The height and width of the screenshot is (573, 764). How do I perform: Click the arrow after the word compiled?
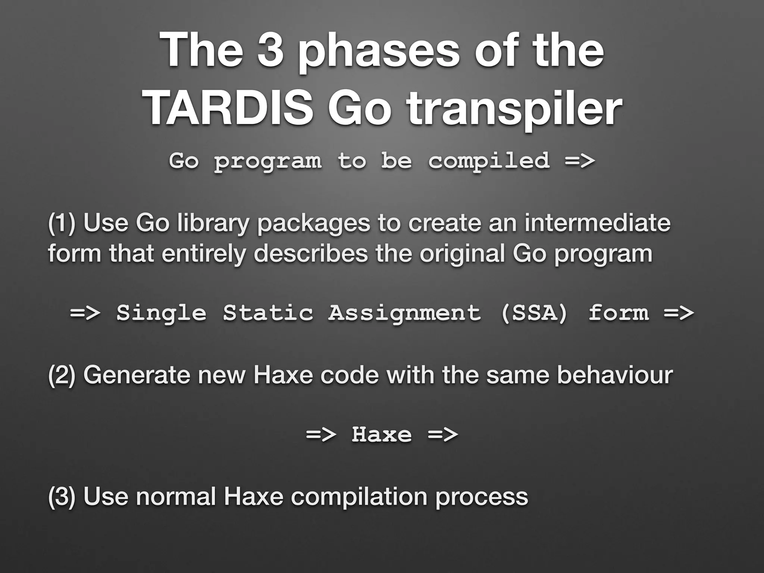[580, 161]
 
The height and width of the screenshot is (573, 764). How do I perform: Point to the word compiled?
[489, 162]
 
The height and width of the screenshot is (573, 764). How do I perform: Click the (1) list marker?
[62, 223]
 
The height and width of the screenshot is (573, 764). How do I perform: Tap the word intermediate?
[597, 223]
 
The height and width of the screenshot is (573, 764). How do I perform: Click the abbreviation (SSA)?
[534, 313]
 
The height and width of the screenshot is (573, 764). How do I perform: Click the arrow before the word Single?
[85, 313]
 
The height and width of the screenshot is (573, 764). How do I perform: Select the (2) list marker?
[62, 375]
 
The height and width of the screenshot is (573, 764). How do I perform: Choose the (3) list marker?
[62, 497]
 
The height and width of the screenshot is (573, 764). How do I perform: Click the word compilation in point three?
[358, 498]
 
